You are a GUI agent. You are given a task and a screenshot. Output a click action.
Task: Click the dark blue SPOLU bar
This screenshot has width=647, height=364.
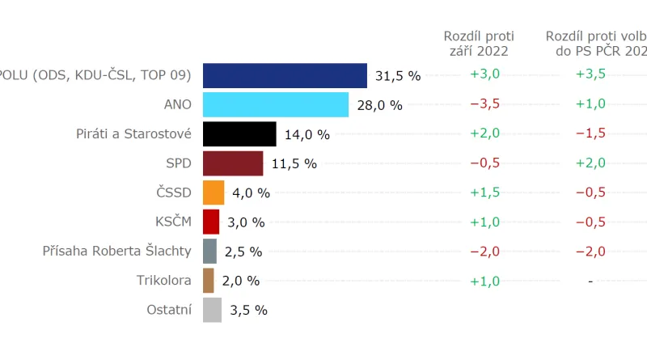click(285, 75)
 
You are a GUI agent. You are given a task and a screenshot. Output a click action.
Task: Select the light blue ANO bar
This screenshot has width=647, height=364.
click(275, 104)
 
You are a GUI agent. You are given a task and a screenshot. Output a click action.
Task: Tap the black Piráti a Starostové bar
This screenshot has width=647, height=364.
click(239, 133)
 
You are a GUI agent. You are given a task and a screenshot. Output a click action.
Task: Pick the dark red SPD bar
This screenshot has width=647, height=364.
click(233, 163)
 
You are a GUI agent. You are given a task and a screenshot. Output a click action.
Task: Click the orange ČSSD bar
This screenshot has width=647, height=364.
click(214, 193)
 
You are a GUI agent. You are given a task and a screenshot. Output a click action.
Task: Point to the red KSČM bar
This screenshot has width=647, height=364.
click(211, 222)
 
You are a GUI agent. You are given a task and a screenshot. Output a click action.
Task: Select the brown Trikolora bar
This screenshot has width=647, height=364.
click(209, 281)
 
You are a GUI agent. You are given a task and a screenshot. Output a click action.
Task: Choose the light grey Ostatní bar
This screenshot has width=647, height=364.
click(212, 310)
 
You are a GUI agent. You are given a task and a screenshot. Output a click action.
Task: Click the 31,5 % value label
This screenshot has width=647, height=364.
click(398, 76)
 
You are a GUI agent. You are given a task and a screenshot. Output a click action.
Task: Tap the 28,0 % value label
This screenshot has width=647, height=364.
click(379, 105)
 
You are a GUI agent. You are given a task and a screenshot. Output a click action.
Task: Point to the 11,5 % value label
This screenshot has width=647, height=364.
click(294, 163)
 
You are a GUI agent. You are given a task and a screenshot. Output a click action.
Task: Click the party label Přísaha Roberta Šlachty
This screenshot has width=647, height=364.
click(116, 251)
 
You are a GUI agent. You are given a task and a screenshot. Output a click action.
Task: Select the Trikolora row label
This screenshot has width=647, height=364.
click(164, 281)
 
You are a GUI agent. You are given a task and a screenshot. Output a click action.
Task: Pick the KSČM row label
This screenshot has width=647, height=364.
click(172, 222)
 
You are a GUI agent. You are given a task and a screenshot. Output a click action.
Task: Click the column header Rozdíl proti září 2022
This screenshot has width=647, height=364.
click(479, 44)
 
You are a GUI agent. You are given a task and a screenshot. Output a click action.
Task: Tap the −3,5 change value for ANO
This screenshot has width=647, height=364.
click(484, 104)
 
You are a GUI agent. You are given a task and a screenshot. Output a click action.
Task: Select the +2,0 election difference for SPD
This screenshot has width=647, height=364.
click(590, 163)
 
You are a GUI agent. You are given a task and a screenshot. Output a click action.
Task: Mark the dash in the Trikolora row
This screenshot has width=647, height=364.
click(590, 281)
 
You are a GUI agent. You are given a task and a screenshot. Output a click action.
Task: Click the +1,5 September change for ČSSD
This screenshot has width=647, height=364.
click(484, 192)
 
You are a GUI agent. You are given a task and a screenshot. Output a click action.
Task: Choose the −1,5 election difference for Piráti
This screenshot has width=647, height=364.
click(590, 133)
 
